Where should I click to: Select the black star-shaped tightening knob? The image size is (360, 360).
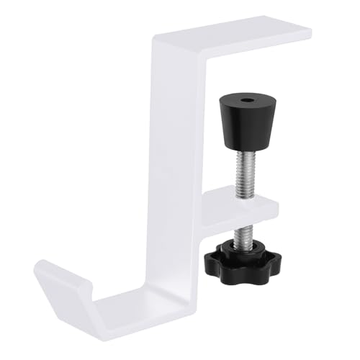[230, 256]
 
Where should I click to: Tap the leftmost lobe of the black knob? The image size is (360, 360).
[209, 255]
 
